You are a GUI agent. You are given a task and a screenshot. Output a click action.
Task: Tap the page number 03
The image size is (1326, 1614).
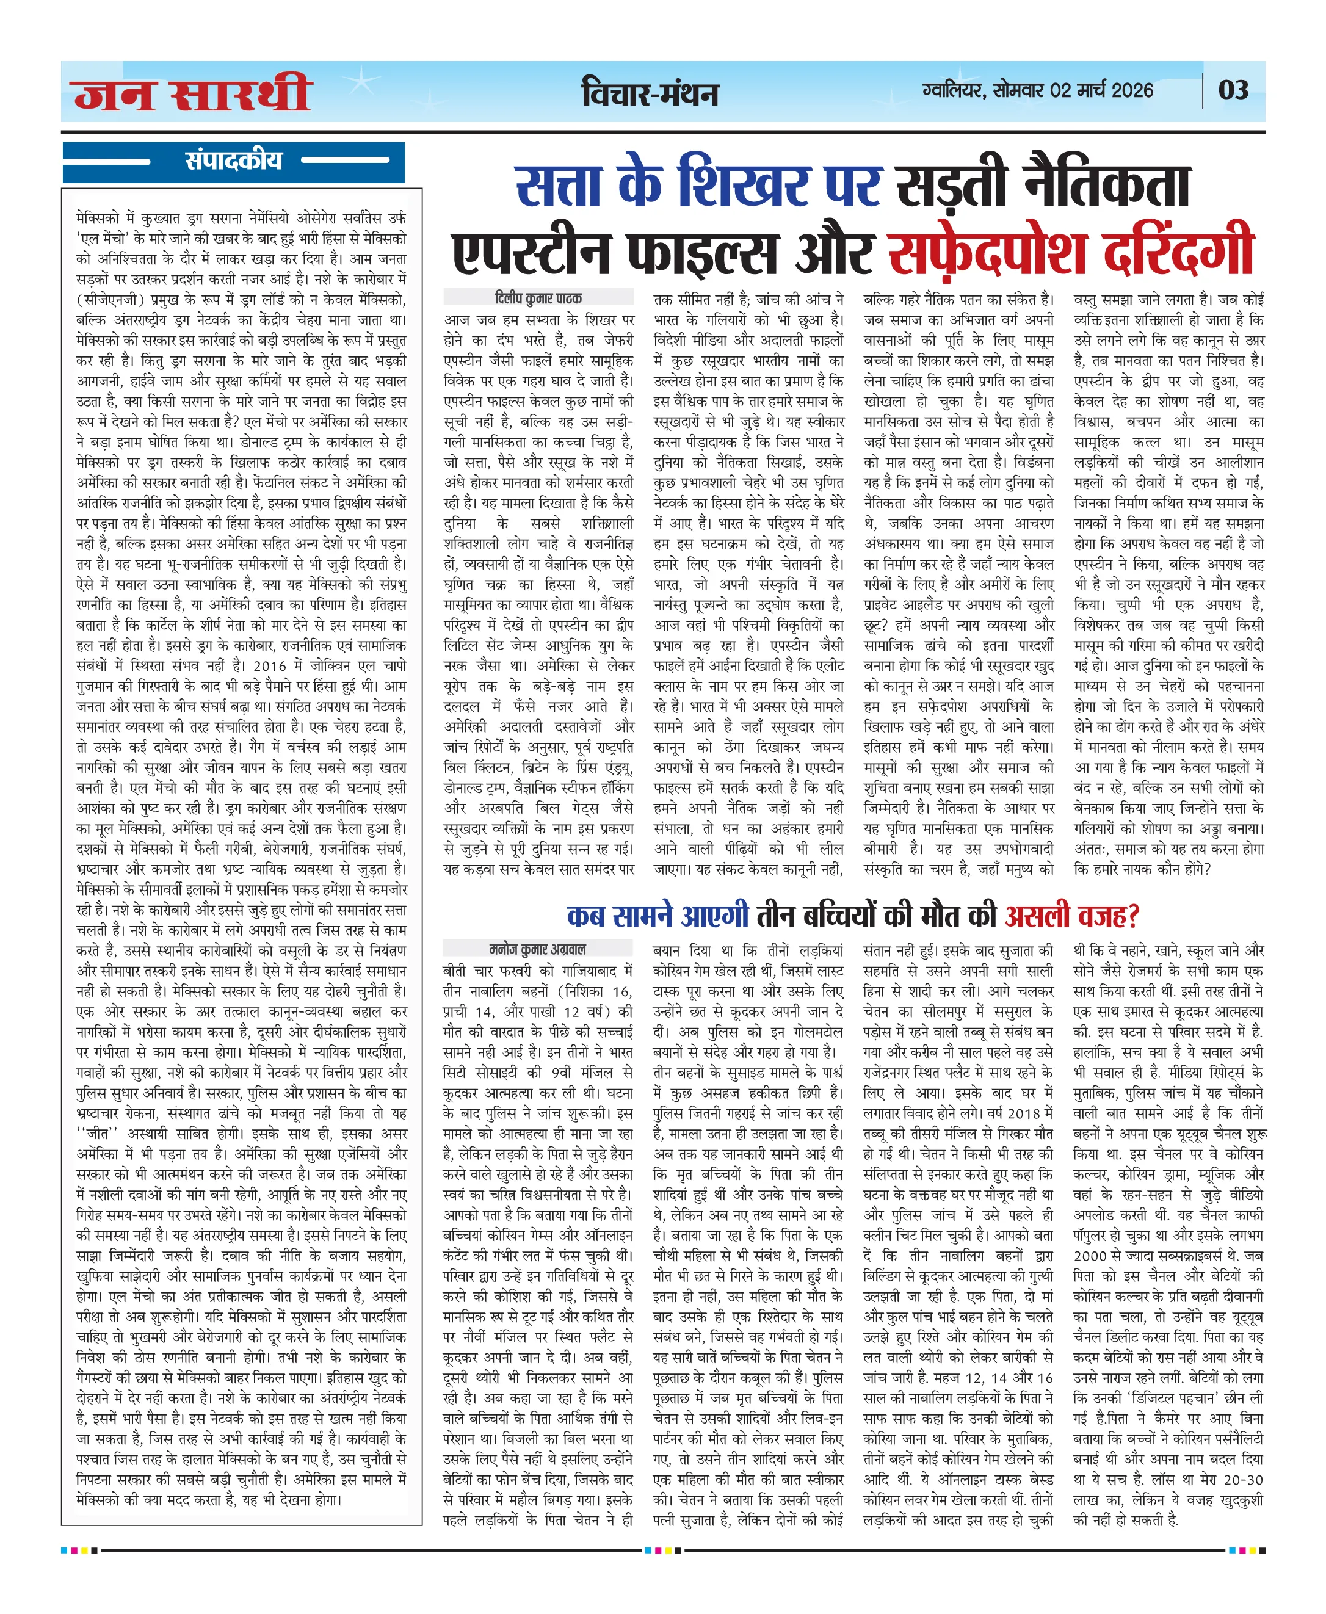coord(1234,90)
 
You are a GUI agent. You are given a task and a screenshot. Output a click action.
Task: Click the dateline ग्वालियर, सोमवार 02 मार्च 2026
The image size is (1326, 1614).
coord(1037,90)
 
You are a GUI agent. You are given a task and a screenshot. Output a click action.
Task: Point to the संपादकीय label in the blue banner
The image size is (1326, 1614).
coord(233,161)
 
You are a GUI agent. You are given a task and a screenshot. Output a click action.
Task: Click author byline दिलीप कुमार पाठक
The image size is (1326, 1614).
coord(538,298)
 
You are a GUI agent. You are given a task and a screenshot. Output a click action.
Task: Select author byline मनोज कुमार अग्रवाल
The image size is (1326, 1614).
coord(538,949)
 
